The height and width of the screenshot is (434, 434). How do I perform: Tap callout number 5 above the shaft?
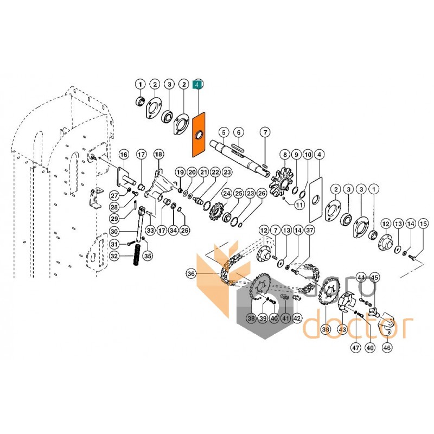[x=222, y=132]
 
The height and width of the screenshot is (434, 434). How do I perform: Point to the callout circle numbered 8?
[x=283, y=155]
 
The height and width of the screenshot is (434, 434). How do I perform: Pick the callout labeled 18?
[x=158, y=155]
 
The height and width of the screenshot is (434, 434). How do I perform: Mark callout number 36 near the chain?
[x=190, y=275]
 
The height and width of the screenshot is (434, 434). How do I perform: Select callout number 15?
[x=424, y=224]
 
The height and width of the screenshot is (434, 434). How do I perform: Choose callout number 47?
[x=356, y=348]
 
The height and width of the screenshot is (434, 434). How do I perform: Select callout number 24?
[x=226, y=194]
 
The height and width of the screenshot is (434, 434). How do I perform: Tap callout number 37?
[x=309, y=231]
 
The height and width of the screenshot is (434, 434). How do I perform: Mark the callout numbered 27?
[x=114, y=195]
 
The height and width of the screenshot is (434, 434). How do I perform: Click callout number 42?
[x=297, y=318]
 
